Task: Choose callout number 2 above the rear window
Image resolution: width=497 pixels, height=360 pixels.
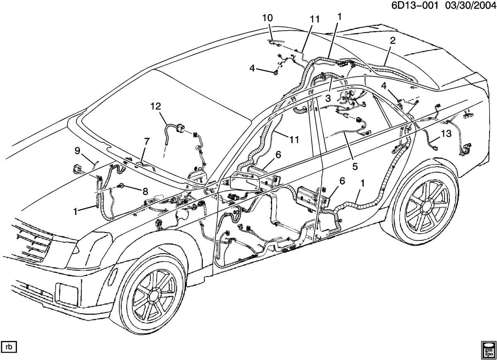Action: coord(392,40)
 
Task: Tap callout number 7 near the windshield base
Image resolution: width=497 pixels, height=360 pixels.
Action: coord(146,142)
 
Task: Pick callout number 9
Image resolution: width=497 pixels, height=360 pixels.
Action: coord(77,151)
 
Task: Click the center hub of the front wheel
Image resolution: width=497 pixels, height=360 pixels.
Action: coord(153,295)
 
